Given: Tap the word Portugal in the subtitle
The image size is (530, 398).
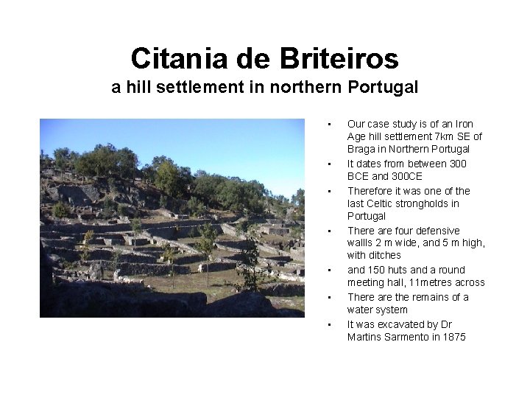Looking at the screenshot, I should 383,88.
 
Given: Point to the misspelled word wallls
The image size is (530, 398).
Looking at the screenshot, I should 360,243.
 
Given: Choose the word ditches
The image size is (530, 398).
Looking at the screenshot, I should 386,256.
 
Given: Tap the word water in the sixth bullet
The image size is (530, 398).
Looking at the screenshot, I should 361,310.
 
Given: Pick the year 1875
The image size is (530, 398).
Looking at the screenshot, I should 453,337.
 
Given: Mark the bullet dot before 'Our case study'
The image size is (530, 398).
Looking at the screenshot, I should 331,124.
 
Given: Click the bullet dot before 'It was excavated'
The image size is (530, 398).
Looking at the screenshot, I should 331,324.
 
